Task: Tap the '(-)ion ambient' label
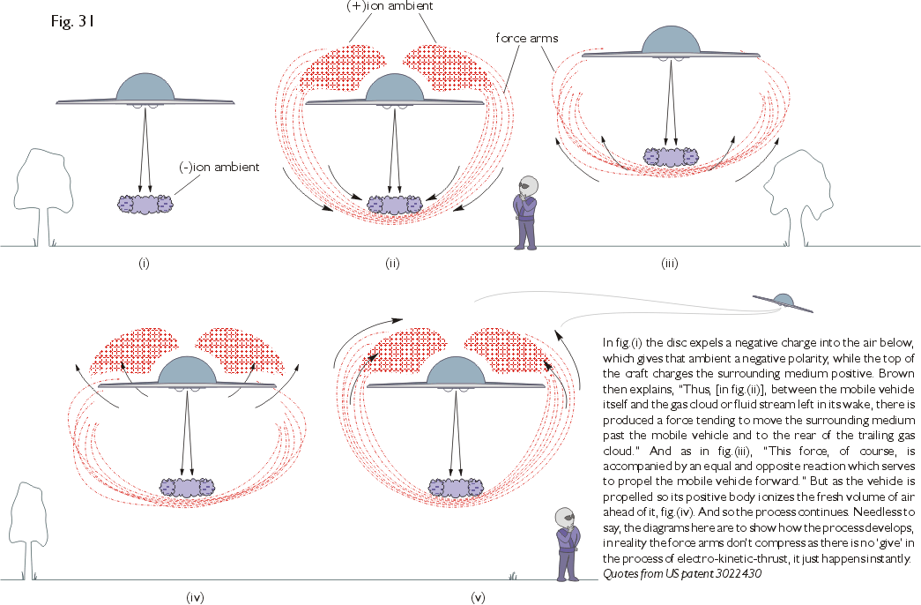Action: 219,167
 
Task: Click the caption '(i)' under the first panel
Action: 144,263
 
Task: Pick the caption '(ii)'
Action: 392,263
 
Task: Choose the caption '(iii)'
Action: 672,263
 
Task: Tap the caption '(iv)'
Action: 196,597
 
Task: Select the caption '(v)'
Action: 478,597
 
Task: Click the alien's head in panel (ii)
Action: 527,186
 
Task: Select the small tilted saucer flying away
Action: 784,300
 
